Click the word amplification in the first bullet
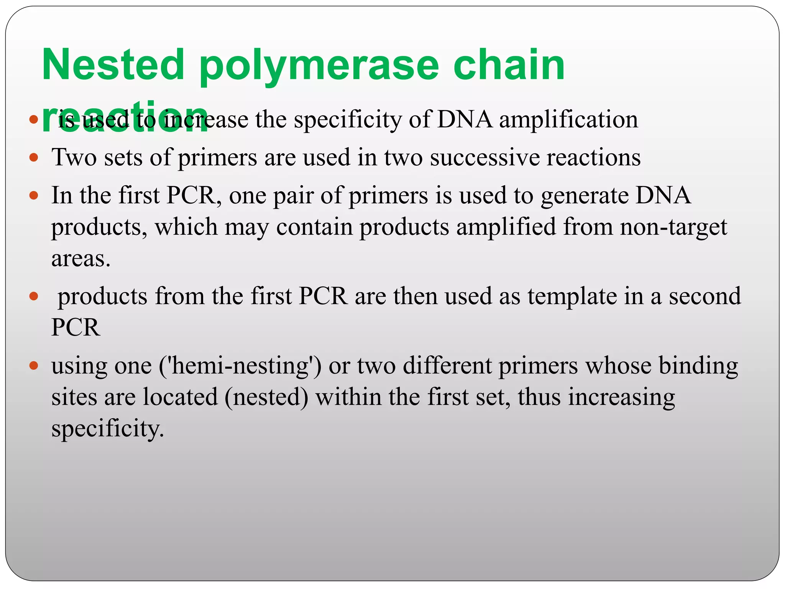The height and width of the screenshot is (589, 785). (x=568, y=120)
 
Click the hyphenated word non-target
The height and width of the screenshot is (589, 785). (x=673, y=227)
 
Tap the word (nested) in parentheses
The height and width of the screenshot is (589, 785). (x=266, y=397)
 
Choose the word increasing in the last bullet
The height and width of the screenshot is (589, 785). (x=621, y=397)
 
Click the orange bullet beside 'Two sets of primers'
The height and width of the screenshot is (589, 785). (x=34, y=157)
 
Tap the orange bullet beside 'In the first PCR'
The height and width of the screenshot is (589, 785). (x=34, y=196)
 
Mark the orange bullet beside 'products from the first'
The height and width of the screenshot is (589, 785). (x=34, y=296)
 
